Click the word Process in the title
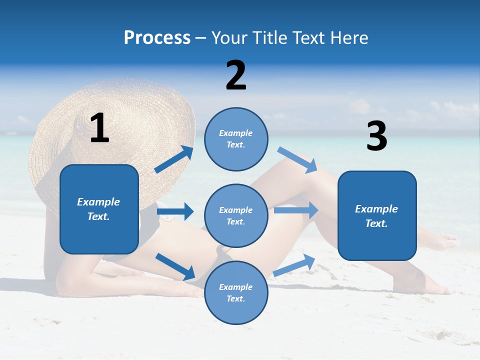[x=157, y=38]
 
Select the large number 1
[x=99, y=128]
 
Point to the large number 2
[x=236, y=75]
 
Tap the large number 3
[x=376, y=136]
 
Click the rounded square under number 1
[x=99, y=209]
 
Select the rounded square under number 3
[x=377, y=215]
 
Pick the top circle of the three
[x=236, y=139]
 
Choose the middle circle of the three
[x=236, y=215]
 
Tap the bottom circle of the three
[x=236, y=292]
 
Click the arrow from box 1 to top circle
[x=174, y=159]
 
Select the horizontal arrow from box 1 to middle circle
[x=175, y=211]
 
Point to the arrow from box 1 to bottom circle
[x=175, y=266]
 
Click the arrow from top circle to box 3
[x=297, y=159]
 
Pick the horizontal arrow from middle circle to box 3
[x=296, y=210]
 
